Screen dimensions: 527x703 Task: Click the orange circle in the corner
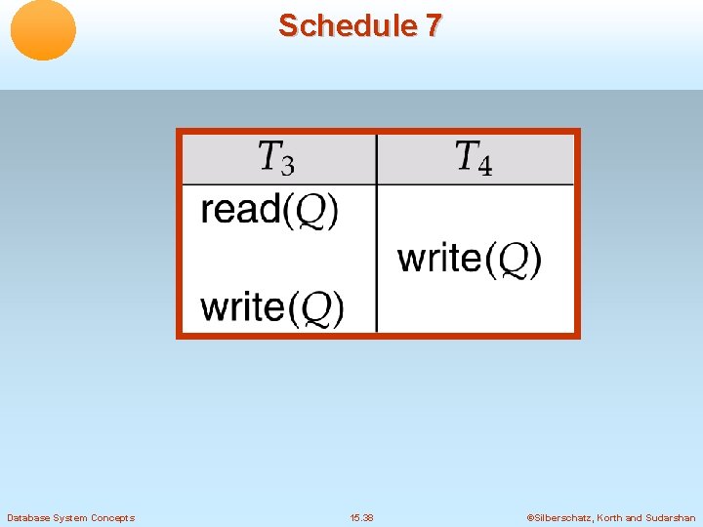[43, 30]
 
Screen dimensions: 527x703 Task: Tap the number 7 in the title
[433, 25]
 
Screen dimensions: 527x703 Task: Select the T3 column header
[276, 157]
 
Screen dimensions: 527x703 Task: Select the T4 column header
[474, 157]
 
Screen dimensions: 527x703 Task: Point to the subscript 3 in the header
[288, 165]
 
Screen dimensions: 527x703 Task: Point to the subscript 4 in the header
[485, 166]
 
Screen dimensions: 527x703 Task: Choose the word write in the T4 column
[440, 259]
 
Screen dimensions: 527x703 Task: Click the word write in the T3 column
[243, 307]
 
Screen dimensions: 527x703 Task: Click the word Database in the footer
[29, 518]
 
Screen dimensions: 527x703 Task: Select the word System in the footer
[72, 518]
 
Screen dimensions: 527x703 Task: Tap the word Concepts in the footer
[113, 518]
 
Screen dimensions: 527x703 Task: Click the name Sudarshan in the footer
[672, 518]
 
